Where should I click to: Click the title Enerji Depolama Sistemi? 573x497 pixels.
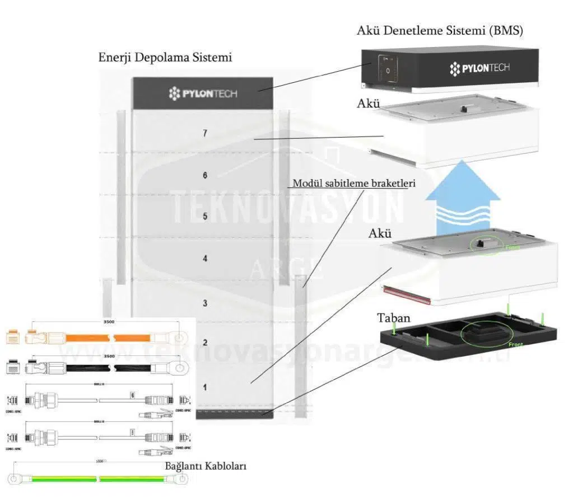click(x=165, y=58)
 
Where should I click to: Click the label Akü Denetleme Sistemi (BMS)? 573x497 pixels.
click(x=440, y=31)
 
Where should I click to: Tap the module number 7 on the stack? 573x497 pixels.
click(x=206, y=133)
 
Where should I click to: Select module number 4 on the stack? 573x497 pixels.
click(x=206, y=259)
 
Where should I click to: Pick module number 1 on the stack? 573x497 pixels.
click(x=206, y=387)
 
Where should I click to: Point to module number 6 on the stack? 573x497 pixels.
click(x=206, y=175)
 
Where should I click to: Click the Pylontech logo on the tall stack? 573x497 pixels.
click(x=203, y=93)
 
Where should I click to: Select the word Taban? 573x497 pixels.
click(x=393, y=318)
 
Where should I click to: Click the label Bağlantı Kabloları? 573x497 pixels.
click(x=206, y=466)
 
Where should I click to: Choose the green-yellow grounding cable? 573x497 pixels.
click(x=101, y=479)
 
